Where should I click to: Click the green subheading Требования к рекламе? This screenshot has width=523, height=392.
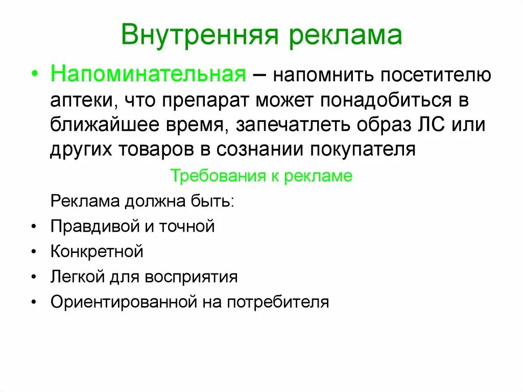coord(261,176)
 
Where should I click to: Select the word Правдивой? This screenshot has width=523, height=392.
coord(97,226)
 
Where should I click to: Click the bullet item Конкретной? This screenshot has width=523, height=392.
coord(97,251)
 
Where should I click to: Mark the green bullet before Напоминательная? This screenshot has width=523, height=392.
coord(34,75)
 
